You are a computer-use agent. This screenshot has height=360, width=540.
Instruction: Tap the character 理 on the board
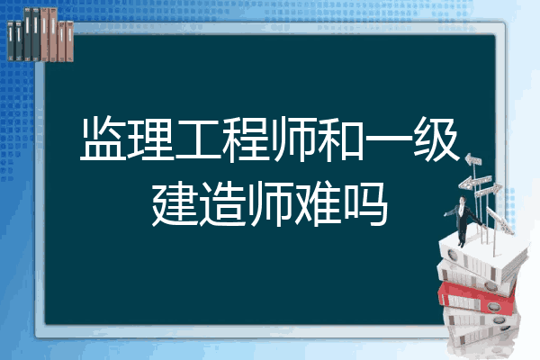point(150,139)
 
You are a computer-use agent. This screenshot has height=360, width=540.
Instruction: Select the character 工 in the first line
point(198,139)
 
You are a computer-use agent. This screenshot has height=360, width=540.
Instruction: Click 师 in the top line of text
point(293,139)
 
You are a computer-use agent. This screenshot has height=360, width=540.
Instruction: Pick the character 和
point(340,139)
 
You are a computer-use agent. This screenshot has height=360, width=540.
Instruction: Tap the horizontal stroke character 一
point(388,139)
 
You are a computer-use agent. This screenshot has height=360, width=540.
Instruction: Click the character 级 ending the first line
point(436,139)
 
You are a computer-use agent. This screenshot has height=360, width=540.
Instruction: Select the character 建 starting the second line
point(175,204)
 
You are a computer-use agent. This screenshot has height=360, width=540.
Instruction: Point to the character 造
point(222,204)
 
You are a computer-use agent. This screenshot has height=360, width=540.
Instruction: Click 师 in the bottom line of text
point(270,204)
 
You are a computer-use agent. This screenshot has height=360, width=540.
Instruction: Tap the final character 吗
point(365,204)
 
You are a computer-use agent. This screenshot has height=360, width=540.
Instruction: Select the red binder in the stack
point(476,298)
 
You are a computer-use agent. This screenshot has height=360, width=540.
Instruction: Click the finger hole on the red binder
point(493,306)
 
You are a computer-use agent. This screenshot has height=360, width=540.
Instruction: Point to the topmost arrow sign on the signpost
point(473,160)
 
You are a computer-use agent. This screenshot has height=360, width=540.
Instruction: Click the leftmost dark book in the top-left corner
point(11,40)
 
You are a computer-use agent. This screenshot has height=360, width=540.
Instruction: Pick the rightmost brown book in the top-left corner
point(69,41)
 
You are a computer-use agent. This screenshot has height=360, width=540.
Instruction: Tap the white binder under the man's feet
point(482,256)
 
